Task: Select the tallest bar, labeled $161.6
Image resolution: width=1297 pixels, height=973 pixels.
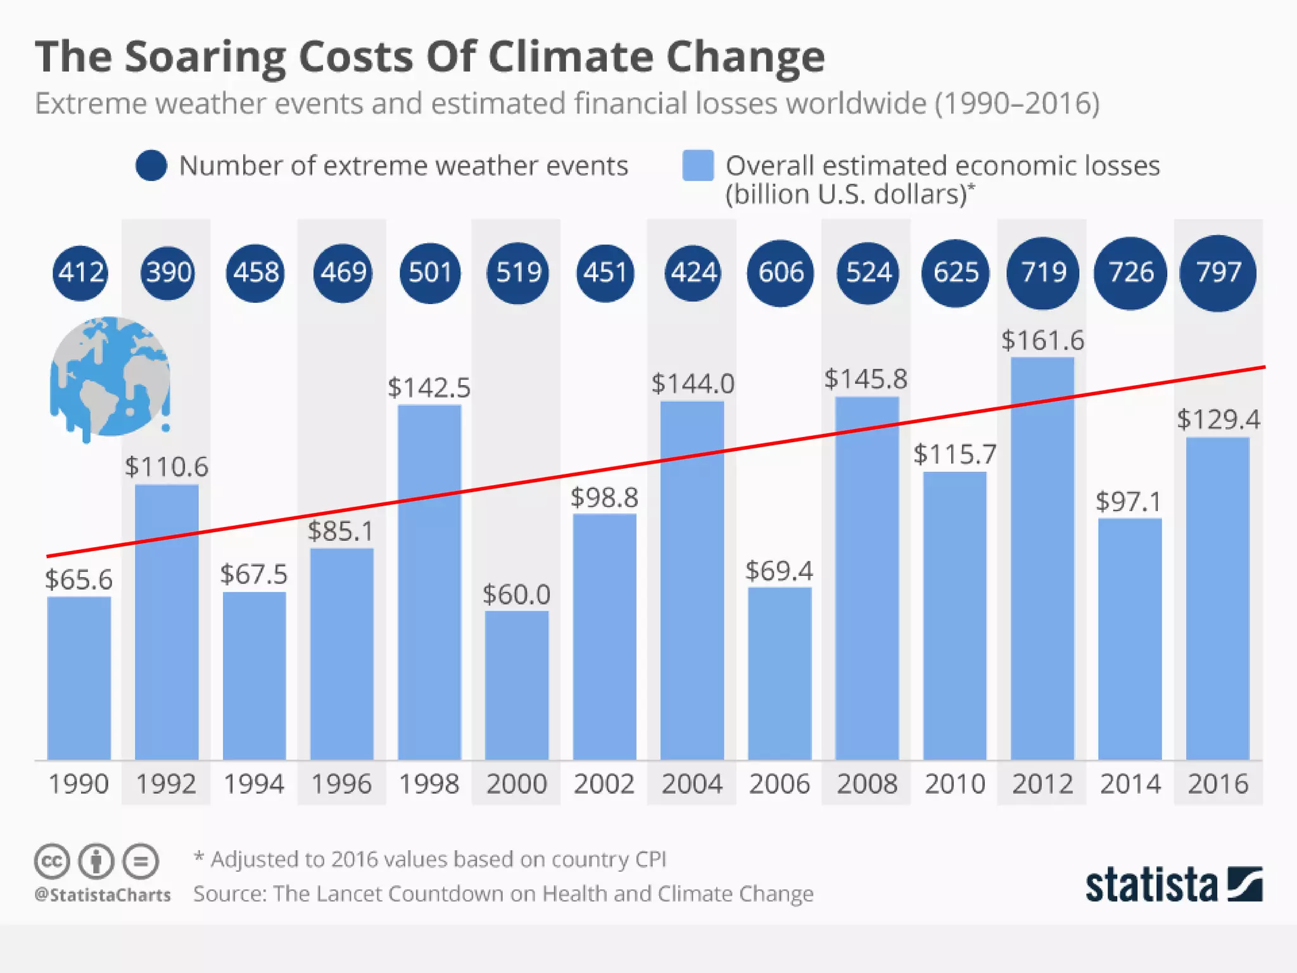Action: point(1042,557)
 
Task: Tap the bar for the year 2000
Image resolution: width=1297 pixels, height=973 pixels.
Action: point(517,684)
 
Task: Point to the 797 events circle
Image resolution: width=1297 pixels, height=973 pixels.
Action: point(1217,273)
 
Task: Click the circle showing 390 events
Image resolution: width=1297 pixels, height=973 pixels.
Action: point(168,273)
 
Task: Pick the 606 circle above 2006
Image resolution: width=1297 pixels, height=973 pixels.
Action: point(780,273)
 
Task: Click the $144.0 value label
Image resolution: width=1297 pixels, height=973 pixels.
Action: point(692,384)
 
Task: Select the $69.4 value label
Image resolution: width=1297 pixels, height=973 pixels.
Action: point(779,571)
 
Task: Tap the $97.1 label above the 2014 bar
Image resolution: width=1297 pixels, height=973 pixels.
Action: point(1129,502)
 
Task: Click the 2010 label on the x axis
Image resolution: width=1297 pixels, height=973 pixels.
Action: point(954,784)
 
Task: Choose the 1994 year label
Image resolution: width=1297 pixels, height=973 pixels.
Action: point(254,784)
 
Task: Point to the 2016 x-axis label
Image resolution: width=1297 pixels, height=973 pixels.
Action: point(1217,784)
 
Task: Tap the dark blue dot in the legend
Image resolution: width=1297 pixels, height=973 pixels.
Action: point(151,166)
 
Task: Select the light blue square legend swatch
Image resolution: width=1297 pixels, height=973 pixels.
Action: point(698,166)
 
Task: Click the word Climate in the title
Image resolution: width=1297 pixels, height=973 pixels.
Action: point(570,57)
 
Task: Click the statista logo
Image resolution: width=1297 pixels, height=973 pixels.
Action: point(1173,884)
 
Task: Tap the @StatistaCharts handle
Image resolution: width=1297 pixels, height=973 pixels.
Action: point(103,895)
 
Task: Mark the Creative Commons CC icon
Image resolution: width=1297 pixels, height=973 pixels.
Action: point(51,862)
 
